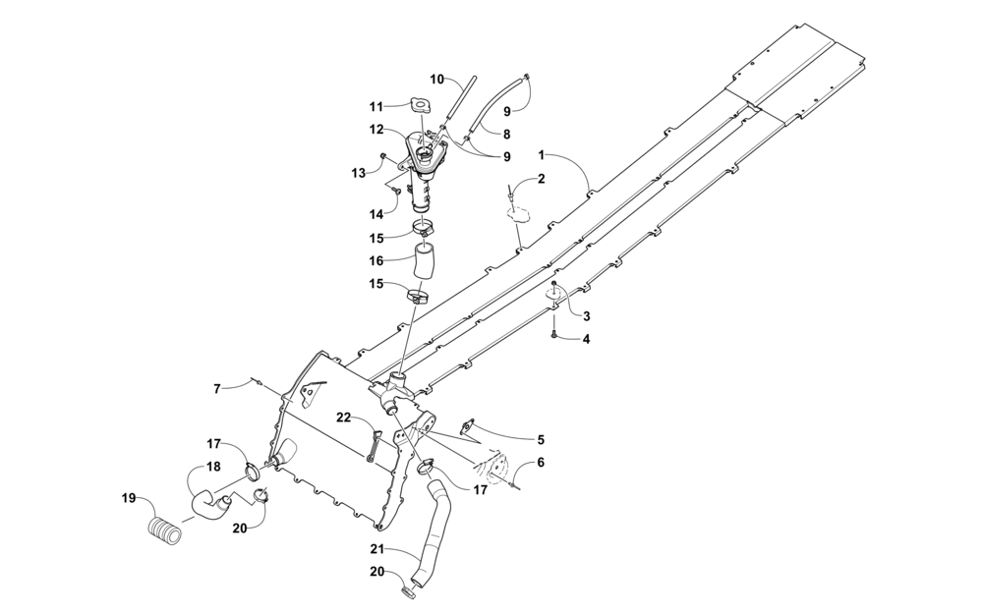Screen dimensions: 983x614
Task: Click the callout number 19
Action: click(129, 499)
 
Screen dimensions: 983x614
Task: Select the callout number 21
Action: click(376, 549)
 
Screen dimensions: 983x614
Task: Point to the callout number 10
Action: click(437, 79)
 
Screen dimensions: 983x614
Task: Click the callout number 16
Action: click(376, 259)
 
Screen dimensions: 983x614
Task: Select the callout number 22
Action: click(343, 418)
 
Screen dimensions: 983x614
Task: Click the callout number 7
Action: click(217, 389)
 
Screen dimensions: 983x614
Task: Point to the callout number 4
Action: click(586, 339)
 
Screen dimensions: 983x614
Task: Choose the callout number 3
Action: click(586, 315)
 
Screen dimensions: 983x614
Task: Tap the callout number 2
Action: click(541, 179)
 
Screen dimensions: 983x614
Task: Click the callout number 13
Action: click(358, 173)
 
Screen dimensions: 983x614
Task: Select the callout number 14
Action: click(376, 214)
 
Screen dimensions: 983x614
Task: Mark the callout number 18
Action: click(213, 468)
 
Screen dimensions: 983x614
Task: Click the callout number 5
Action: click(541, 440)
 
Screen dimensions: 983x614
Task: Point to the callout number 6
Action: click(541, 463)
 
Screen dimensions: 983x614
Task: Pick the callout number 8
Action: click(506, 134)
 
